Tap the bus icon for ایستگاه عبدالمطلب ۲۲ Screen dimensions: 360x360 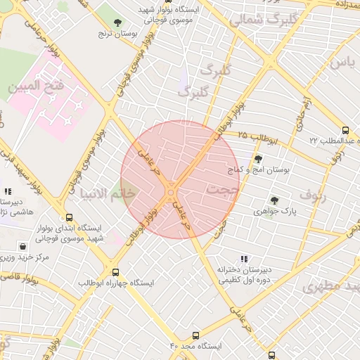click(345, 130)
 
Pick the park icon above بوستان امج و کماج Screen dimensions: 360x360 click(258, 159)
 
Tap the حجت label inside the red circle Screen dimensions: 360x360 click(224, 191)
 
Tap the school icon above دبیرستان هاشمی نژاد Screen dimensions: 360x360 click(7, 191)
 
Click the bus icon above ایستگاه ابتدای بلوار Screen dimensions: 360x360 click(69, 218)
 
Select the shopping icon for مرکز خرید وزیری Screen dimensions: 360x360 click(24, 247)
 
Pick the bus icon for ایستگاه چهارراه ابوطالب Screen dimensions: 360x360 click(116, 271)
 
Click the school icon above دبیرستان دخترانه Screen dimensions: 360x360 click(244, 259)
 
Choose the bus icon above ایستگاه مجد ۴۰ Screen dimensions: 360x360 click(195, 335)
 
